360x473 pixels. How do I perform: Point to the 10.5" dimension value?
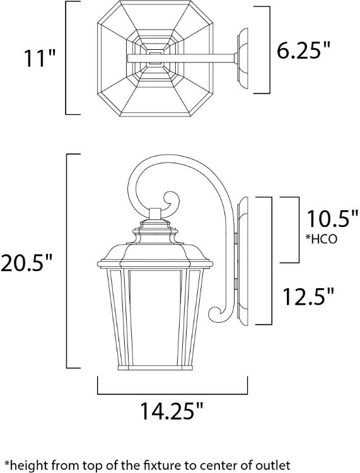click(x=332, y=221)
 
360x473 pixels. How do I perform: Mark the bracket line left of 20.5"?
click(x=67, y=262)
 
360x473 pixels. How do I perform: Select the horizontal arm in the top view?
click(x=183, y=59)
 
